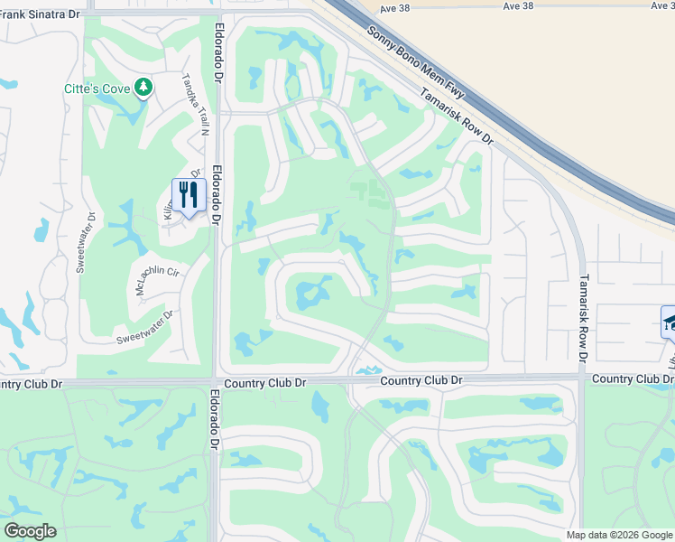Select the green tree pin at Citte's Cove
[x=143, y=87]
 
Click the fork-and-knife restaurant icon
[x=189, y=194]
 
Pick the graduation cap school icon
[x=670, y=321]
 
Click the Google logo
[x=30, y=530]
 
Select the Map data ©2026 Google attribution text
[x=619, y=535]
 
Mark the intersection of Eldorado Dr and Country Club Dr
[x=217, y=383]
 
